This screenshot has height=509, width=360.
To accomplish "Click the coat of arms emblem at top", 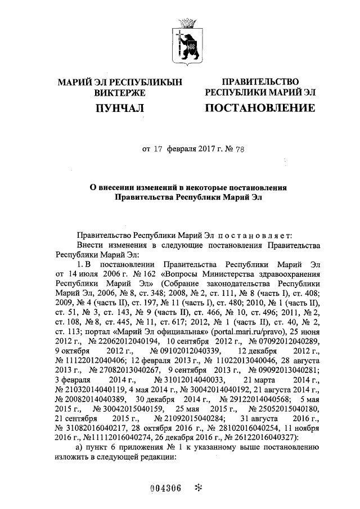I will pyautogui.click(x=186, y=40).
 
